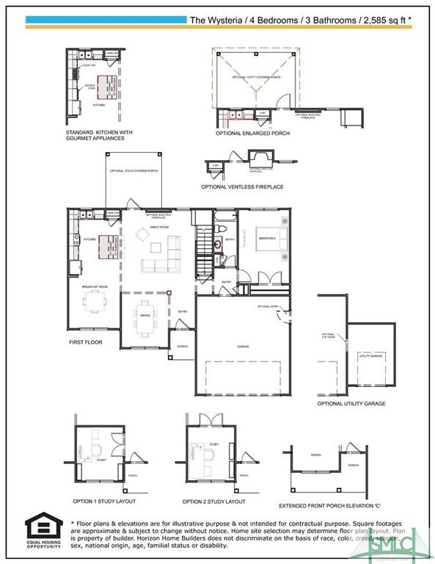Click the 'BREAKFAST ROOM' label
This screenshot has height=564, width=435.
click(x=95, y=286)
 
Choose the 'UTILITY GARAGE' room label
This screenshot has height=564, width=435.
click(x=371, y=356)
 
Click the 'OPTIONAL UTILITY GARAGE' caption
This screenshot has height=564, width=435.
click(x=351, y=403)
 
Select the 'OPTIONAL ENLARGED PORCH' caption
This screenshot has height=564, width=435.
click(x=252, y=134)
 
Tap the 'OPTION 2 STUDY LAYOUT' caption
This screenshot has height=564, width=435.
click(x=213, y=502)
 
